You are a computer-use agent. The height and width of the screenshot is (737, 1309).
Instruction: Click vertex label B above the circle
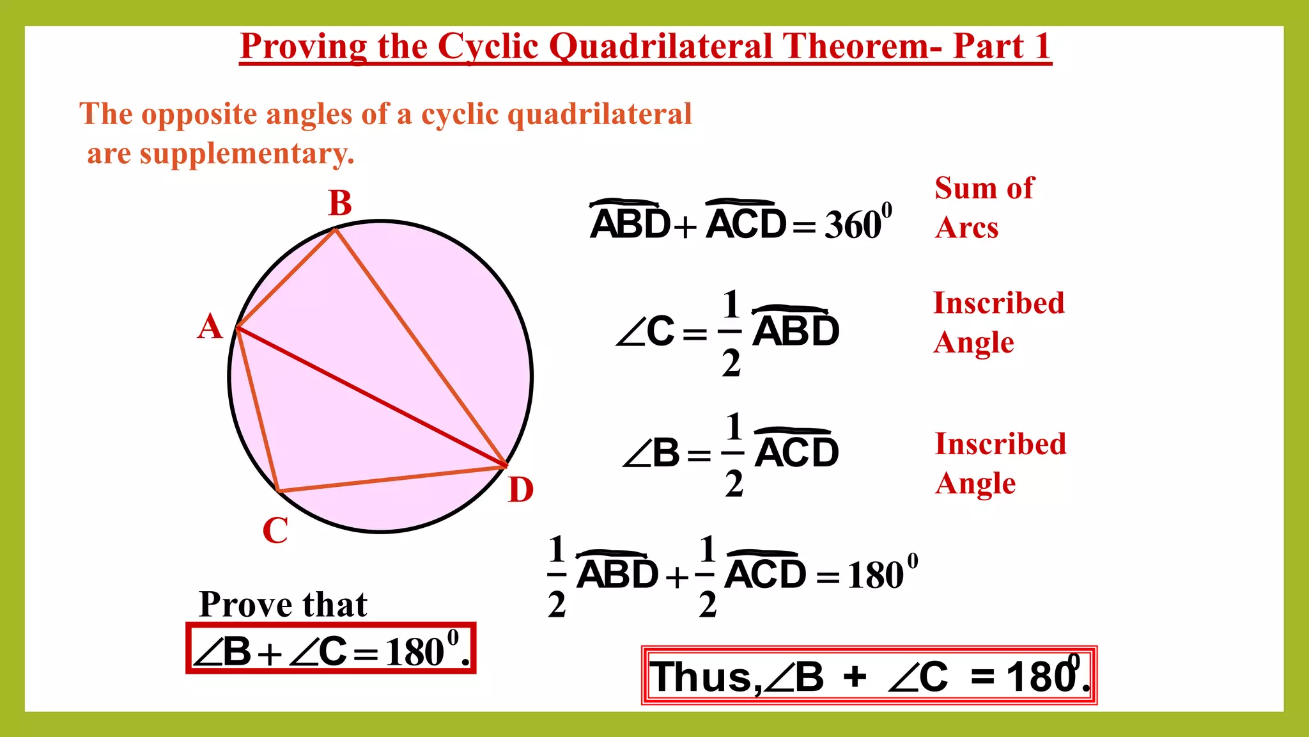tap(339, 203)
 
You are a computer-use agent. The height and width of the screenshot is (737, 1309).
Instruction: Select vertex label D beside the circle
tap(521, 490)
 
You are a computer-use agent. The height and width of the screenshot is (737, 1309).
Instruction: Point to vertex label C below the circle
tap(275, 530)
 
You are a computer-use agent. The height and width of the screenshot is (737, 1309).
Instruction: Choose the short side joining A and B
tap(286, 280)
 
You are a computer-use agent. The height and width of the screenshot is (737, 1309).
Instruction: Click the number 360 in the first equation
tap(853, 225)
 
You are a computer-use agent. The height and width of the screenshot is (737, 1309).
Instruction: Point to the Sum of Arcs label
tap(983, 207)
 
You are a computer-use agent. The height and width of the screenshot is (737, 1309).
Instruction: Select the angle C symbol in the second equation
tap(646, 332)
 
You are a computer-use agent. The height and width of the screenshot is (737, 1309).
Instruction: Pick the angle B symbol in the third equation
tap(651, 454)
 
